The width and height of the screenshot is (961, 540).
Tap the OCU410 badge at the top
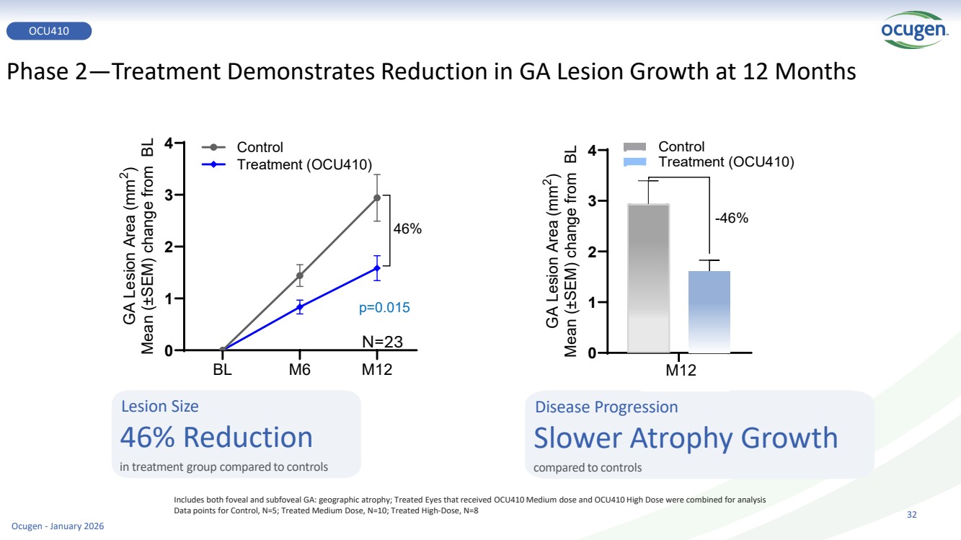(49, 30)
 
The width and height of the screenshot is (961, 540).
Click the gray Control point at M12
(377, 198)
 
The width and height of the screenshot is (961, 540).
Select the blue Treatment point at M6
(300, 307)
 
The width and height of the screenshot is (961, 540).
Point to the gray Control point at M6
(300, 275)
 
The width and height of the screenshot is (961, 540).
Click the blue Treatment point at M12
(377, 268)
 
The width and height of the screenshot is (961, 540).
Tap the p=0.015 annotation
(384, 308)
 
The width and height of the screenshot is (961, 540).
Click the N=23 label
(381, 341)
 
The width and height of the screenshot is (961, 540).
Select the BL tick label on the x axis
(223, 369)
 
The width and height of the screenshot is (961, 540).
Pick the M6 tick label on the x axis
(300, 369)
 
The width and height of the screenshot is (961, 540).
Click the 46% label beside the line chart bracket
(407, 229)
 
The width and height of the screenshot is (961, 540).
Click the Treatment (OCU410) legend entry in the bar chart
(726, 161)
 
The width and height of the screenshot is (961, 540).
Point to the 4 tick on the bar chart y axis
(592, 151)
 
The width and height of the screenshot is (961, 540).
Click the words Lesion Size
(159, 407)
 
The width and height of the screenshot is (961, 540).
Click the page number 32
(911, 515)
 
